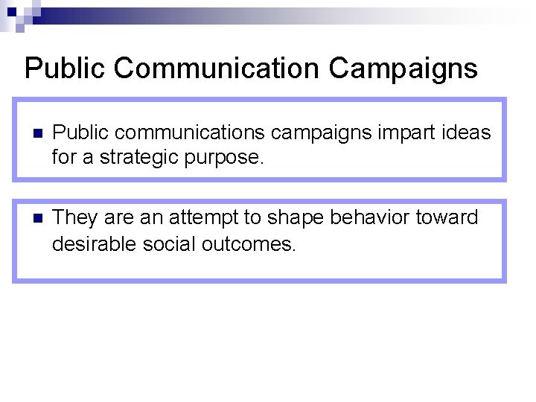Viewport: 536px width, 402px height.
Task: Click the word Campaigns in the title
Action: click(403, 68)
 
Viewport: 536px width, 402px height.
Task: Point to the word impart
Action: click(398, 133)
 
